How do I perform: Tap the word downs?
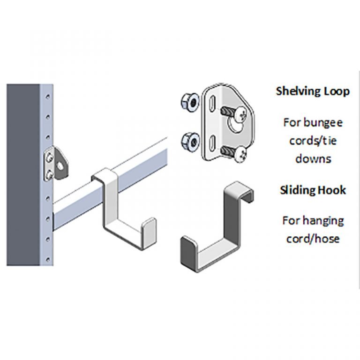pos(313,158)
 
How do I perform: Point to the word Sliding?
pos(299,190)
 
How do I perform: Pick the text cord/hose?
pos(313,238)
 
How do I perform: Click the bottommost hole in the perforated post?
pos(47,258)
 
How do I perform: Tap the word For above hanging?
pos(292,220)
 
